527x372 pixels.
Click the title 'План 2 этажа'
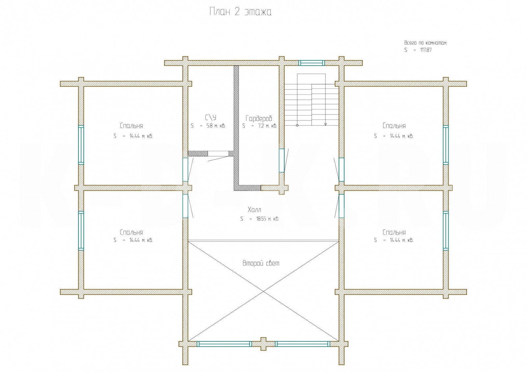coord(240,13)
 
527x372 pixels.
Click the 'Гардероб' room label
coord(259,119)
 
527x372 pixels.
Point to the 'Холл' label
coord(254,210)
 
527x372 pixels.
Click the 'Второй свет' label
coord(261,263)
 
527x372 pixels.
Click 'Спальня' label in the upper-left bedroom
coord(131,126)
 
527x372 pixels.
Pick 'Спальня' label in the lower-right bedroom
coord(394,232)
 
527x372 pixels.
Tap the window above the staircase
coord(312,63)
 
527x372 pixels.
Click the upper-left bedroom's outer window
coord(81,145)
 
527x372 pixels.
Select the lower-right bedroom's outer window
coord(446,230)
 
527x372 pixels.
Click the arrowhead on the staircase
coord(325,124)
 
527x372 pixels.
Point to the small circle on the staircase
coord(297,125)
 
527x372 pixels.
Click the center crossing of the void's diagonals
coord(263,291)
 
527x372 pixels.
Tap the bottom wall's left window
coord(224,344)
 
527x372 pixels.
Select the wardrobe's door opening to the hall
coord(282,160)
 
